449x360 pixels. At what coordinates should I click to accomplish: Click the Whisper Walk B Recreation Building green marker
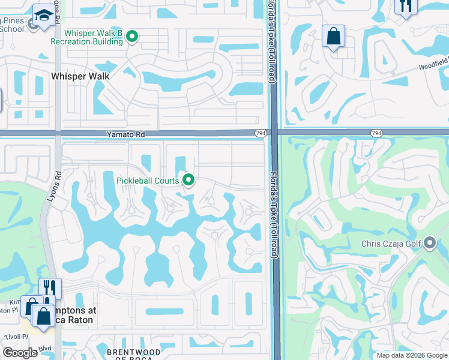[x=132, y=37]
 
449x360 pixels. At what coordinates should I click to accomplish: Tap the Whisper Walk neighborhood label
[x=80, y=76]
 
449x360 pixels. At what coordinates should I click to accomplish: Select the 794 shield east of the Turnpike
[x=376, y=133]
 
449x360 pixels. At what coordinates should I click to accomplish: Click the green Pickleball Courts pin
[x=188, y=179]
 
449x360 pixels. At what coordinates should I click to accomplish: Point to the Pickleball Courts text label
[x=148, y=181]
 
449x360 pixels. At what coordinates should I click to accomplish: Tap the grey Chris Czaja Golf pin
[x=429, y=244]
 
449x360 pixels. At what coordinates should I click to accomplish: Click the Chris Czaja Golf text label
[x=391, y=244]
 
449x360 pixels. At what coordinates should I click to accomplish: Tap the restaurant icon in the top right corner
[x=406, y=7]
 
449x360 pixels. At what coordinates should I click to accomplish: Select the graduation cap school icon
[x=43, y=14]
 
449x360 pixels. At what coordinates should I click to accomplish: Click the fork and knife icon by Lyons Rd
[x=50, y=288]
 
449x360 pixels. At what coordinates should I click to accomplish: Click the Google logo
[x=20, y=353]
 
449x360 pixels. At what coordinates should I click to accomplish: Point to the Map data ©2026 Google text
[x=411, y=355]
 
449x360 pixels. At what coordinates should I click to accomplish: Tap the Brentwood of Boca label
[x=133, y=355]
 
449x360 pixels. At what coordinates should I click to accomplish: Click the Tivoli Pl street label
[x=8, y=337]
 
